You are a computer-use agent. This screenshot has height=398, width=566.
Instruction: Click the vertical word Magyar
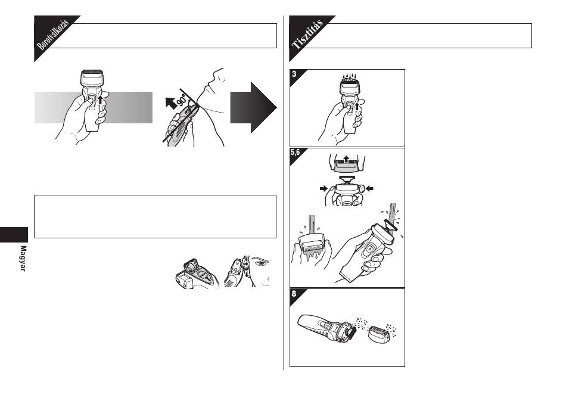click(x=23, y=259)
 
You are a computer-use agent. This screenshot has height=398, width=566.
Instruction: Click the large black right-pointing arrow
click(x=253, y=107)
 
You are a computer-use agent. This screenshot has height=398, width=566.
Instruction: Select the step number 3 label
click(x=294, y=74)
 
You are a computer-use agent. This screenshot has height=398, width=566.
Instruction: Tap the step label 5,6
click(x=296, y=153)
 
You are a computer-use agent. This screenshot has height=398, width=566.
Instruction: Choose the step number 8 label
click(x=294, y=293)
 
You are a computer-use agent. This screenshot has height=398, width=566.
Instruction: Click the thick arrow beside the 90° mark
click(x=171, y=102)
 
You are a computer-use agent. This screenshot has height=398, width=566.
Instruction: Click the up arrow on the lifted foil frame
click(x=346, y=158)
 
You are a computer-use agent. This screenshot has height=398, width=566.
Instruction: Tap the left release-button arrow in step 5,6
click(x=324, y=188)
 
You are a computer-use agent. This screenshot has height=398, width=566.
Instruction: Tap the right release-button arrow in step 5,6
click(x=369, y=188)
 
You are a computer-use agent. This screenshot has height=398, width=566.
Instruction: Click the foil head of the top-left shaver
click(x=92, y=77)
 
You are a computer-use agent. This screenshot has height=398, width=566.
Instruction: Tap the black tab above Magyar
click(x=14, y=235)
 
